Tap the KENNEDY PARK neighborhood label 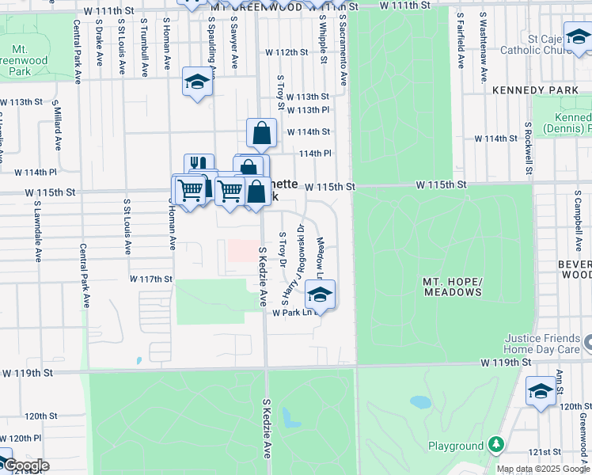coord(535,90)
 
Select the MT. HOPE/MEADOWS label coord(452,287)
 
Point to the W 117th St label coord(151,279)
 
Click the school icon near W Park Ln coord(320,294)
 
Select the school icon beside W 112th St coord(198,82)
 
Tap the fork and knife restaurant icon coord(199,166)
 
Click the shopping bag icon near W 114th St coord(261,133)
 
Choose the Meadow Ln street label coord(321,258)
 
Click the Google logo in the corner coord(26,465)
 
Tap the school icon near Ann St coord(541,393)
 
